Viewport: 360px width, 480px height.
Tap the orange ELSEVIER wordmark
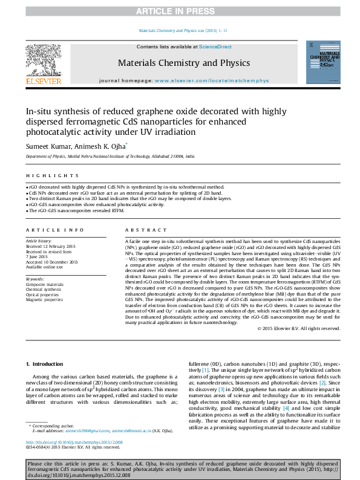[x=43, y=81]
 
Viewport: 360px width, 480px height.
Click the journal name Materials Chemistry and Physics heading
[x=183, y=63]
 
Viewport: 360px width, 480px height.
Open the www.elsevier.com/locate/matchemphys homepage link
[x=204, y=80]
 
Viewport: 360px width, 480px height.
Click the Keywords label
[x=36, y=279]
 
